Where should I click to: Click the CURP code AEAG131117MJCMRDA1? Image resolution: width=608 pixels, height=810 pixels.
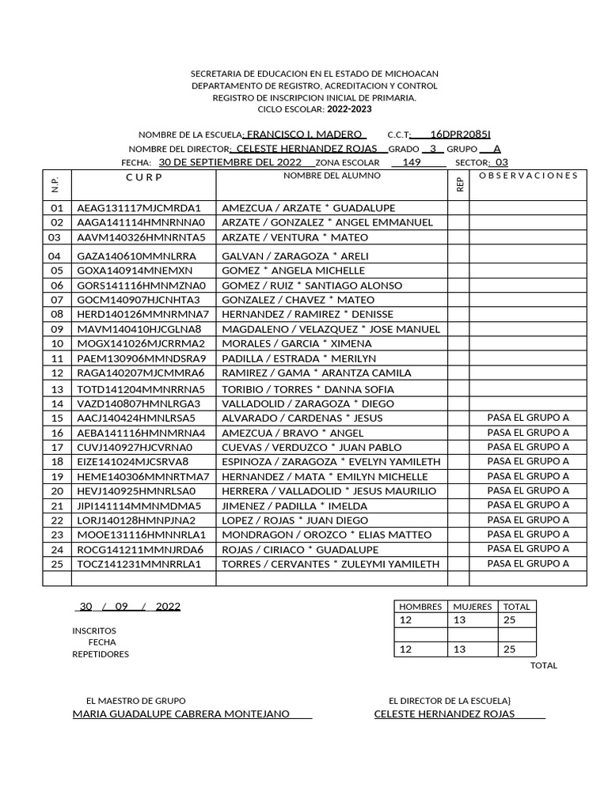[x=139, y=208]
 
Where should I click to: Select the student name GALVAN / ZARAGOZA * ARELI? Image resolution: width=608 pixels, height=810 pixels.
[x=284, y=256]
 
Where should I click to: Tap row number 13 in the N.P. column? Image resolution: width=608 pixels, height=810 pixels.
[x=56, y=390]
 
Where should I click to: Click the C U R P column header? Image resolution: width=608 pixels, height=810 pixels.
[x=143, y=176]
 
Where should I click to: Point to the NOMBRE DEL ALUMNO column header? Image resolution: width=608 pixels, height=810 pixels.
[x=332, y=176]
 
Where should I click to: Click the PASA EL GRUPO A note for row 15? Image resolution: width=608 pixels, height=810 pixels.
[x=528, y=418]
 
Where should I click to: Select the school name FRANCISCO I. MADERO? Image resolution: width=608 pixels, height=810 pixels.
[x=305, y=134]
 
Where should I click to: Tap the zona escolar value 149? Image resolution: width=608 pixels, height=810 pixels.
[x=412, y=162]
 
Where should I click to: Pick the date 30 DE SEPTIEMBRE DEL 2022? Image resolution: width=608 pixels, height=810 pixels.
[x=230, y=162]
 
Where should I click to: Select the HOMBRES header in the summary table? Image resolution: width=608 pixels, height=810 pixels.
[x=420, y=607]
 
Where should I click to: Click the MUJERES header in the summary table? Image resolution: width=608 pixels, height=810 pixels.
[x=473, y=607]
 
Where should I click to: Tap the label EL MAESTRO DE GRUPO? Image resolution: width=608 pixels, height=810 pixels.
[x=136, y=701]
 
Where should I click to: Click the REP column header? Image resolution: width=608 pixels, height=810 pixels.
[x=459, y=184]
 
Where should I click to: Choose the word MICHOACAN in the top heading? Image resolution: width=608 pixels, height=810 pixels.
[x=409, y=74]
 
